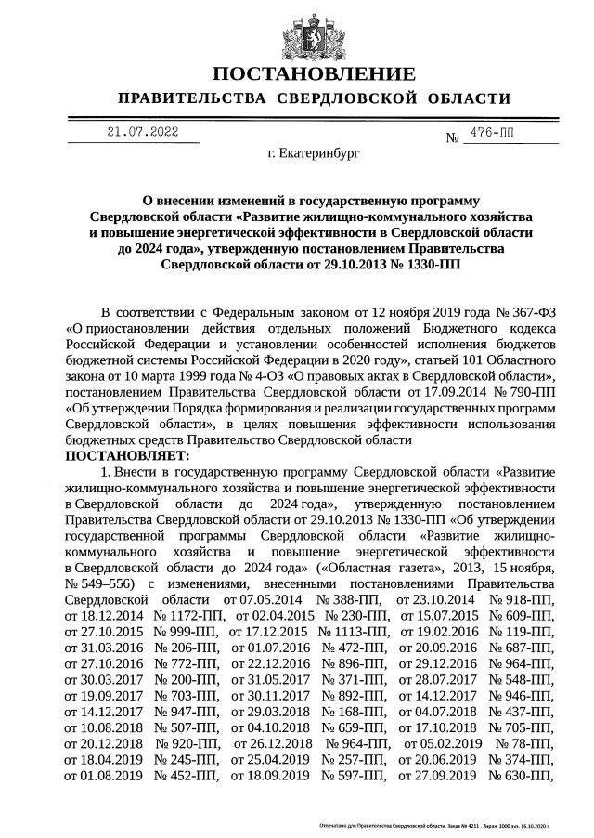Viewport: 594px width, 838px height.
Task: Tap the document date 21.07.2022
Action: (142, 133)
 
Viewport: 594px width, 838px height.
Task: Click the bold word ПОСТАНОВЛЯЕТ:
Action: (127, 455)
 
